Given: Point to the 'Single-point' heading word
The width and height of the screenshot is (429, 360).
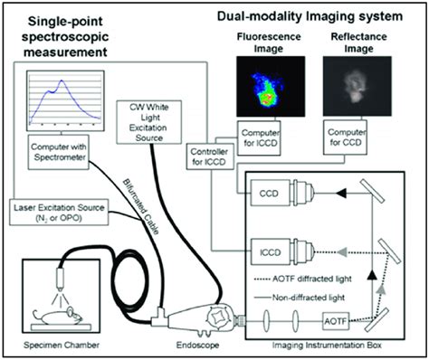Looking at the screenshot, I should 62,20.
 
